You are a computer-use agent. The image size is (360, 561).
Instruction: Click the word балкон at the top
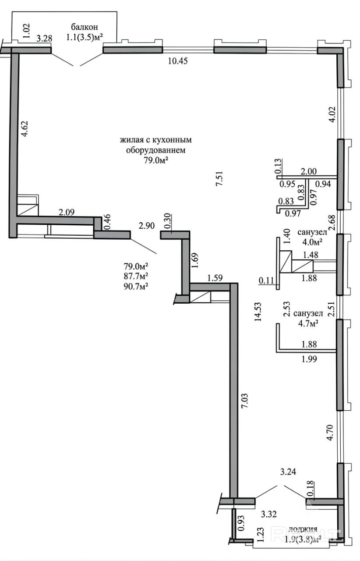(84, 27)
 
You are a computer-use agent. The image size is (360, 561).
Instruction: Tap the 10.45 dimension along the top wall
(177, 61)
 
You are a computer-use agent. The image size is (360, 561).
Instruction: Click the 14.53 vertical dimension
(258, 312)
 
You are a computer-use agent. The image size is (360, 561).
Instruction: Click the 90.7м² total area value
(135, 286)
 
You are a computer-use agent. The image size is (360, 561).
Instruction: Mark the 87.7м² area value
(135, 276)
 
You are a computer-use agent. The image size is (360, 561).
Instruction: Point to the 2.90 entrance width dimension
(147, 226)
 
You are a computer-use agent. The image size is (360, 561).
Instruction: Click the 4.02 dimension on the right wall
(332, 114)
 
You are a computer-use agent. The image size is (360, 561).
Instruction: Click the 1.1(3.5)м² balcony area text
(84, 37)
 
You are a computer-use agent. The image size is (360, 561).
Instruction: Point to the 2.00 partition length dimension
(308, 171)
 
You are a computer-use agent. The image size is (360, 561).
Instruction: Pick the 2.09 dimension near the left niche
(66, 212)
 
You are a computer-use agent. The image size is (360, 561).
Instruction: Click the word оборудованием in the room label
(156, 150)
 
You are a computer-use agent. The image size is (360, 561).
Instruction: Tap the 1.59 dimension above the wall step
(215, 278)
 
